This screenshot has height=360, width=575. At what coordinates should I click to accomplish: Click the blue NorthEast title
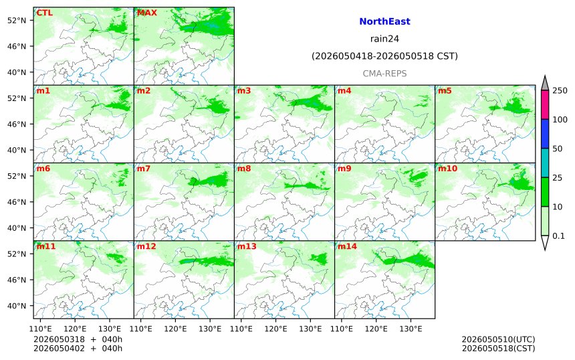(x=384, y=21)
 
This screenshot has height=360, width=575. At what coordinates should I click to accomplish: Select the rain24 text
(x=384, y=39)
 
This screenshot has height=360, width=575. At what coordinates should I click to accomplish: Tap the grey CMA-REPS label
(x=384, y=74)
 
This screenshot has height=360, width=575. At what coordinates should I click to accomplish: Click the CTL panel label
(x=45, y=13)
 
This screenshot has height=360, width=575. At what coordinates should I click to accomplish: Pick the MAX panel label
(x=146, y=13)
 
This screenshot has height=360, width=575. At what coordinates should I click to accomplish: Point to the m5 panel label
(x=445, y=90)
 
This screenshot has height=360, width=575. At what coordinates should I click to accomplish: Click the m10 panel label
(x=447, y=169)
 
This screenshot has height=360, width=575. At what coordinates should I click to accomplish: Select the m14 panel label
(x=347, y=246)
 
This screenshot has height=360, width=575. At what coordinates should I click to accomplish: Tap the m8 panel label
(x=244, y=169)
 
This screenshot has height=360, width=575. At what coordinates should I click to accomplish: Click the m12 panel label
(x=146, y=246)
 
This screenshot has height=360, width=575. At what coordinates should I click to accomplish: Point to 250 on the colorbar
(x=560, y=90)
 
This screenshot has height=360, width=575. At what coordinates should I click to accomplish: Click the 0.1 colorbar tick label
(x=558, y=236)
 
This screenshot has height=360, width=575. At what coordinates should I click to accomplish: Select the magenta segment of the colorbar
(x=545, y=104)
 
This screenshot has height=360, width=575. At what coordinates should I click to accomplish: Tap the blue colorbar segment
(x=545, y=134)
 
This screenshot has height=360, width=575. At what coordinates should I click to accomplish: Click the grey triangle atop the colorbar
(x=545, y=84)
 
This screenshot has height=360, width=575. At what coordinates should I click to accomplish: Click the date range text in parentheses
(x=384, y=56)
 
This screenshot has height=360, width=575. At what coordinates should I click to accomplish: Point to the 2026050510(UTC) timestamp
(x=498, y=339)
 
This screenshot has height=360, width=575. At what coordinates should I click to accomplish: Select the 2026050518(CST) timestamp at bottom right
(x=498, y=348)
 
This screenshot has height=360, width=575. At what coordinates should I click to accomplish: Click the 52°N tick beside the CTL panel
(x=17, y=21)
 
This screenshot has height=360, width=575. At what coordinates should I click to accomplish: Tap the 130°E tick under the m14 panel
(x=411, y=329)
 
